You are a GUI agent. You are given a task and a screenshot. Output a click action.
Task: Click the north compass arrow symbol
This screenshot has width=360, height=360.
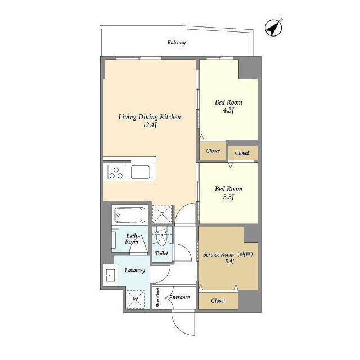coord(274,28)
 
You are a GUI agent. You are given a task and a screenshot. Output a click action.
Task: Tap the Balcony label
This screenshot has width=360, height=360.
coord(176,43)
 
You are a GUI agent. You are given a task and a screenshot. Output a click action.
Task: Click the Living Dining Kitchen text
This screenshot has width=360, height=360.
coord(149,117)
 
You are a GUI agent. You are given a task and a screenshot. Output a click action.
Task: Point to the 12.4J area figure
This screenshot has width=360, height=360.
coord(149,125)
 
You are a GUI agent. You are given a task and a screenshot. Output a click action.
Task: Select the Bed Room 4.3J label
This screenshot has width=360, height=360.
coord(228,106)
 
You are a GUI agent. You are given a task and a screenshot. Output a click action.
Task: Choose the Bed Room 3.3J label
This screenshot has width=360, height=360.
coord(228,193)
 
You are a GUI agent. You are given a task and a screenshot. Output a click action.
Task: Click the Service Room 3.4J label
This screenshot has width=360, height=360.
coord(228,258)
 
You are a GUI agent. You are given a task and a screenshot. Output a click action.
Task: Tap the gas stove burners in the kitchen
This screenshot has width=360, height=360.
coord(116,173)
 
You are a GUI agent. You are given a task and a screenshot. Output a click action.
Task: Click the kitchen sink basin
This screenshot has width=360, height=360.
coord(141,172)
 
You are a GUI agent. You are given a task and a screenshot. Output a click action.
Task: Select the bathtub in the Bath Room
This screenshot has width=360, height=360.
coord(129,215)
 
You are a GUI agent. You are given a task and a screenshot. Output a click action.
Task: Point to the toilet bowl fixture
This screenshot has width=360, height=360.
coord(161,238)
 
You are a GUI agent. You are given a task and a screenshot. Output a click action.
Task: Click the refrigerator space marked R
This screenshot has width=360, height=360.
coord(162,214)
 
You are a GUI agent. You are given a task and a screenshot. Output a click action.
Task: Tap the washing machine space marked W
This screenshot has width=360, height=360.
coord(134,299)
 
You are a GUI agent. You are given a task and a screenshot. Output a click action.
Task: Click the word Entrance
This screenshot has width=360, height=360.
coord(179,298)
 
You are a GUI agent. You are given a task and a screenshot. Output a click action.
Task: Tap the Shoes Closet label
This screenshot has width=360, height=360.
coord(157,298)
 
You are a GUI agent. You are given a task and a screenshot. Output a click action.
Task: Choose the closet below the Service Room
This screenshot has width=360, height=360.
coord(218,300)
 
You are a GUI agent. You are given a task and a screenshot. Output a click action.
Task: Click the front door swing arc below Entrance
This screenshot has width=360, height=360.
coord(181,326)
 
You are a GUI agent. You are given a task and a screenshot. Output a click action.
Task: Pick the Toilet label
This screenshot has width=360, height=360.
coord(161,254)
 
